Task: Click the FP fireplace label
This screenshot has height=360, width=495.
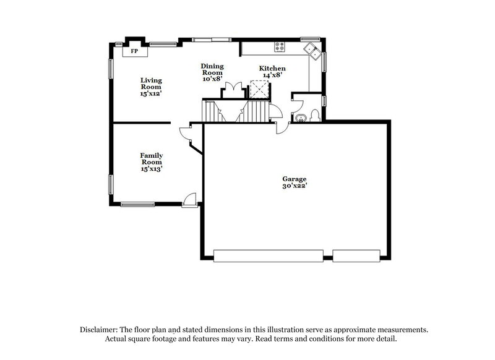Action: (x=134, y=51)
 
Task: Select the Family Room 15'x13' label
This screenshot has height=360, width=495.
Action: (x=152, y=161)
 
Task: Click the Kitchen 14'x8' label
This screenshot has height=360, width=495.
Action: (x=272, y=71)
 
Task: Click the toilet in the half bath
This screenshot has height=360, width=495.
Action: (x=316, y=114)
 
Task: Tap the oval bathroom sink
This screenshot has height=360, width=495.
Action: (x=301, y=118)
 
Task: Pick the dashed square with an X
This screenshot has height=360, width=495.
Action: (x=258, y=90)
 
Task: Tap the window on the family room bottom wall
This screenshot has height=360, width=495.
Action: (x=137, y=204)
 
